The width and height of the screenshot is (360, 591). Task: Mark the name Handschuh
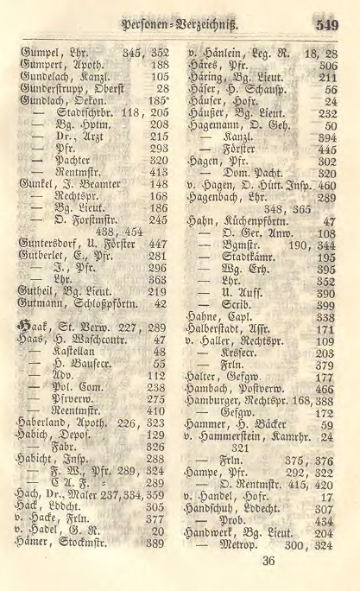tap(220, 509)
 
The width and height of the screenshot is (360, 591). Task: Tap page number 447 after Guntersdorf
tap(155, 245)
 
